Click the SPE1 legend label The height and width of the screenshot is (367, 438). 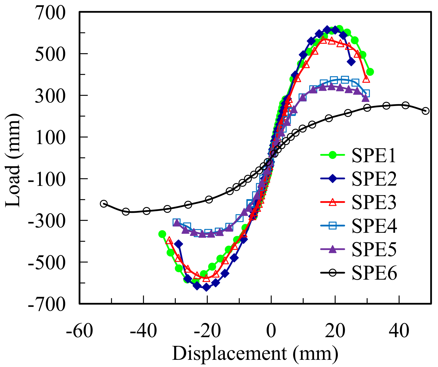[374, 156]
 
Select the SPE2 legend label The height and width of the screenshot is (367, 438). [374, 179]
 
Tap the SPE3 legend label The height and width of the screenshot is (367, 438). [374, 203]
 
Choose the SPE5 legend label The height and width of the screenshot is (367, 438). [374, 250]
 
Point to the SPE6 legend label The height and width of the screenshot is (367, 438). [374, 273]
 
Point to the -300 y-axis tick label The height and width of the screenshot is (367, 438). [47, 221]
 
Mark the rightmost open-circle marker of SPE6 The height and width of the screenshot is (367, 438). [425, 111]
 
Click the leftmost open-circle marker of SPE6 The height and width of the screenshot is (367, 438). [104, 203]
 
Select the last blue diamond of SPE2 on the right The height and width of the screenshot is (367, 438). [351, 62]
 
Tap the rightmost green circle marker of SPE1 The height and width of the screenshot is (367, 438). [370, 72]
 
